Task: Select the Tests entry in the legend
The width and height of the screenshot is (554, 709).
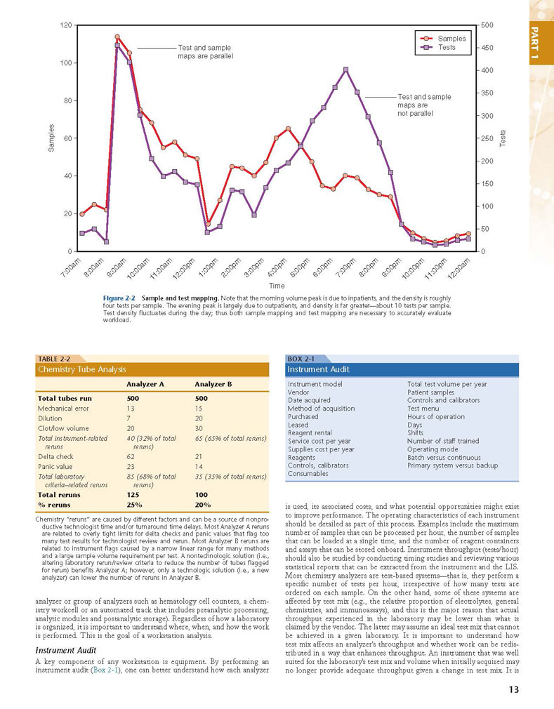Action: [438, 47]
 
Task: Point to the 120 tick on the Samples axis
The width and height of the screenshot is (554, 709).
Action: [66, 25]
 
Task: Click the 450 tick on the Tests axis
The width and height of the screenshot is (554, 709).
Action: [487, 48]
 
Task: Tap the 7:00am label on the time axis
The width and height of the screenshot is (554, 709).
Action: [71, 267]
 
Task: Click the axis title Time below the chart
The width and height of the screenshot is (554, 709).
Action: [277, 286]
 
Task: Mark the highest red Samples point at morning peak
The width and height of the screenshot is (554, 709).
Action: [117, 37]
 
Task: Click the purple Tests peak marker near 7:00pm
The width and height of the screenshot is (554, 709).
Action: [345, 69]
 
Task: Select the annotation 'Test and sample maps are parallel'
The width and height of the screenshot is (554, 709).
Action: [206, 52]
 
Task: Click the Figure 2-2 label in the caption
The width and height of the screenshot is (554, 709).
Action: [119, 298]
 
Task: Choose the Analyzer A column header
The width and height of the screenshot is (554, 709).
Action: [145, 385]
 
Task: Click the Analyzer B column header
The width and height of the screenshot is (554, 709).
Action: [213, 385]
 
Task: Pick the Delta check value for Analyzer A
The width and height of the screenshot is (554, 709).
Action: [131, 457]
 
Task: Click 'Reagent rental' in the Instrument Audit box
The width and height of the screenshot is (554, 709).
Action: [310, 432]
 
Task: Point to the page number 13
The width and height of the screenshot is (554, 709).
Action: [514, 689]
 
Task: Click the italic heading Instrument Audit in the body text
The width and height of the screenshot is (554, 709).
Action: [66, 651]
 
